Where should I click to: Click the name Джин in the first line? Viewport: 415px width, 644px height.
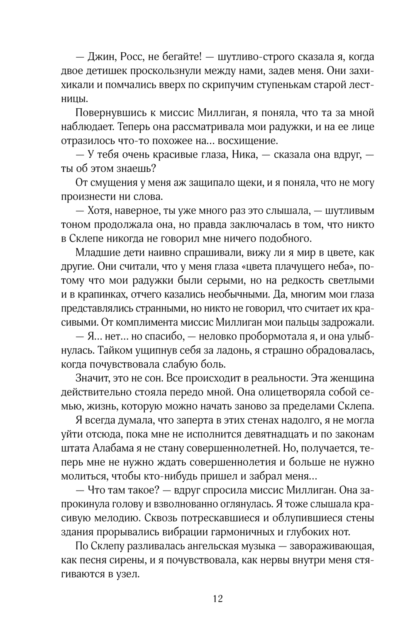[101, 57]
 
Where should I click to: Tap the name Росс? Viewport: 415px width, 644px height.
[133, 57]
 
